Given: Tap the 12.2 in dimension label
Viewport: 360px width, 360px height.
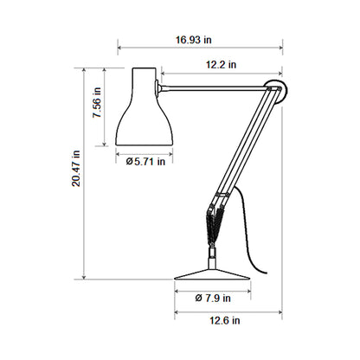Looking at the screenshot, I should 222,64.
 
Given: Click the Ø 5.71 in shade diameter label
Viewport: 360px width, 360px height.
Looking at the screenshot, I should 146,160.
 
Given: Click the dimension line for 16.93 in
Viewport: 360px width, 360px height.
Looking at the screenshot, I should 199,48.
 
